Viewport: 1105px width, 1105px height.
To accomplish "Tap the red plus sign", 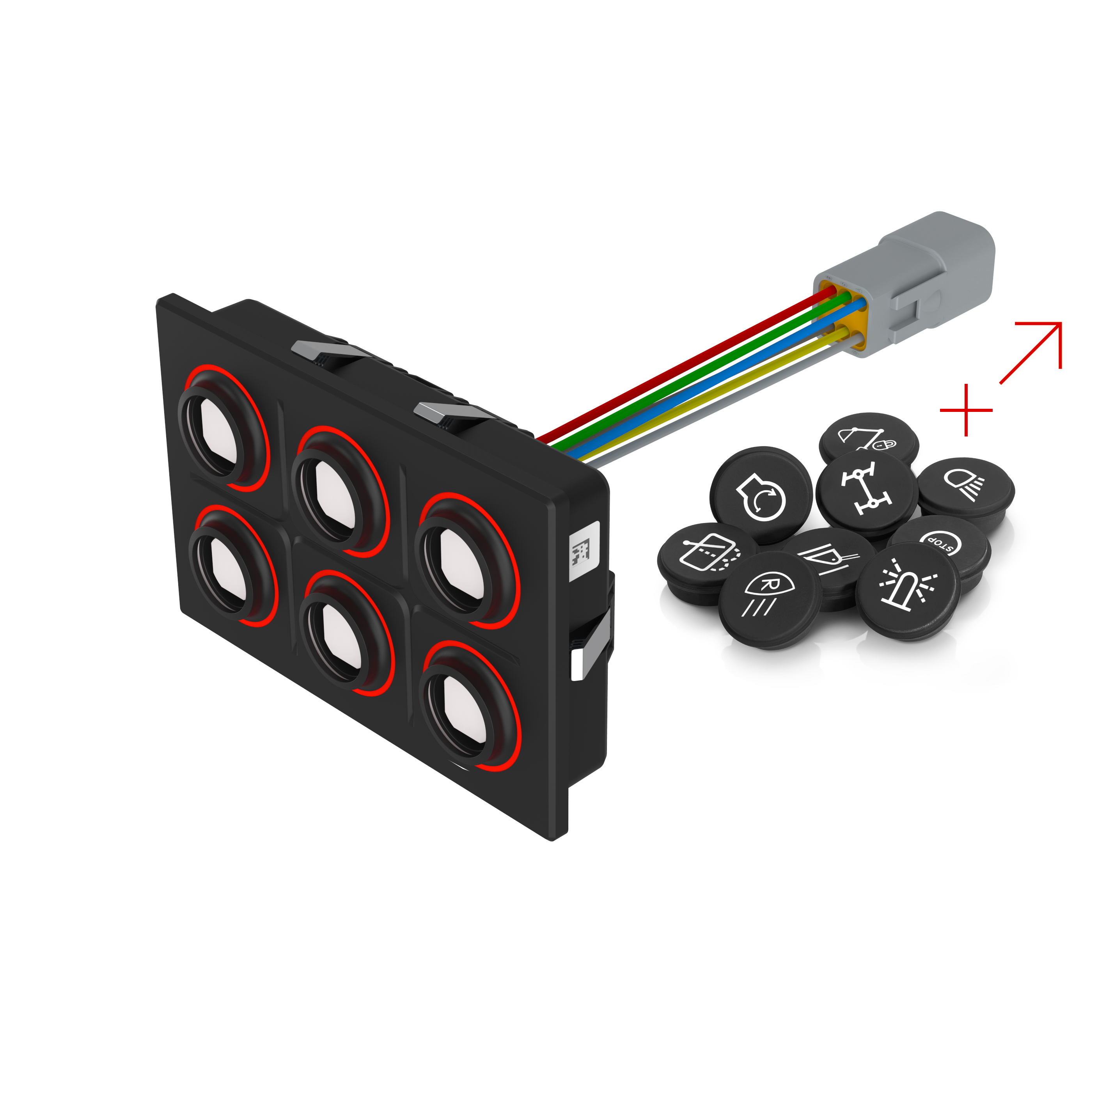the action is tap(966, 410).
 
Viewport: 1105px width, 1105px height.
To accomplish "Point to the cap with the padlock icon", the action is tap(869, 438).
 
